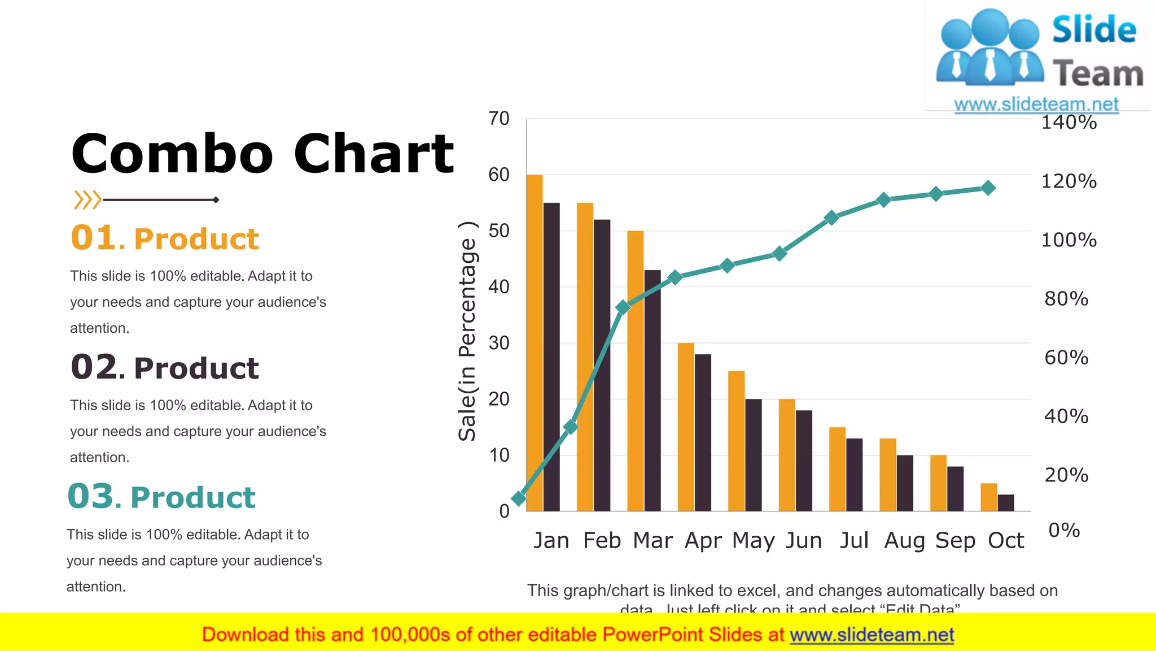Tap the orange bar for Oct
988,497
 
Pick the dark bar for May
753,455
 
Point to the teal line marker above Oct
988,188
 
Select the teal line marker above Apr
675,277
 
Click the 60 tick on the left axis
499,175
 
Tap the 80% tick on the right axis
1066,298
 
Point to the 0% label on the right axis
1064,530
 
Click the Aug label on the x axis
904,541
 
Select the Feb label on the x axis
602,541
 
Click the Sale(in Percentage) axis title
467,331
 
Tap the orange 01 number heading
94,237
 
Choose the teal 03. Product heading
161,497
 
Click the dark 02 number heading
94,367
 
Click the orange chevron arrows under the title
87,200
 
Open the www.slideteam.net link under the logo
1036,104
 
